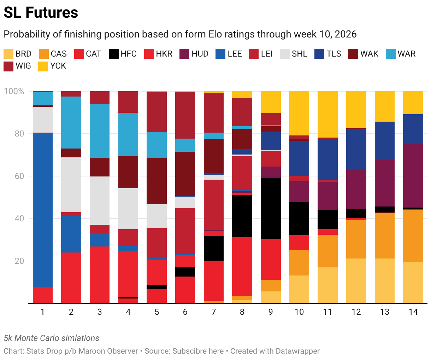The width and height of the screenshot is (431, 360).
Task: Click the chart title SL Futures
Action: [41, 13]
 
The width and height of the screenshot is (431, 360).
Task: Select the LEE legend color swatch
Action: [220, 54]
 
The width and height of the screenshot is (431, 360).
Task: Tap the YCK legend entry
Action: [52, 66]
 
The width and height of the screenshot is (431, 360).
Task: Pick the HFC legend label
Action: [128, 54]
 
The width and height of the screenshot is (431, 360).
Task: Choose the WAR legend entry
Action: [401, 54]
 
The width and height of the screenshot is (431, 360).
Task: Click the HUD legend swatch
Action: [184, 54]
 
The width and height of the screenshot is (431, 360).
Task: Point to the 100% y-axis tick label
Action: [14, 91]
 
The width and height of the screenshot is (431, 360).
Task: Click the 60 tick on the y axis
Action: [19, 176]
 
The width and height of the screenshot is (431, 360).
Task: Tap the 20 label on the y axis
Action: [19, 261]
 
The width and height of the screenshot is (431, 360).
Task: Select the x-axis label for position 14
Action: [413, 312]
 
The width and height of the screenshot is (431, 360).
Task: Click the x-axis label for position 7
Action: [214, 312]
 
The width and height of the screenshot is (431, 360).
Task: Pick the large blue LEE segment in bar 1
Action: [43, 210]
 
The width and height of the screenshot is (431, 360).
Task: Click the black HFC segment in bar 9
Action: [271, 208]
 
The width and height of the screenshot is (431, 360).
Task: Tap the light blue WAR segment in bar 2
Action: [71, 123]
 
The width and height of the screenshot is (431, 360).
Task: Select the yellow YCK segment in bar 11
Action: [327, 114]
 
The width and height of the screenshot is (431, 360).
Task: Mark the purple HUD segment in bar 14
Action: [413, 176]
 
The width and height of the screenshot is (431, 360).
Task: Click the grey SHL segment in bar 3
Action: [100, 201]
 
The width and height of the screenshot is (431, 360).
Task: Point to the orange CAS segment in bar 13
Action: [385, 236]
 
